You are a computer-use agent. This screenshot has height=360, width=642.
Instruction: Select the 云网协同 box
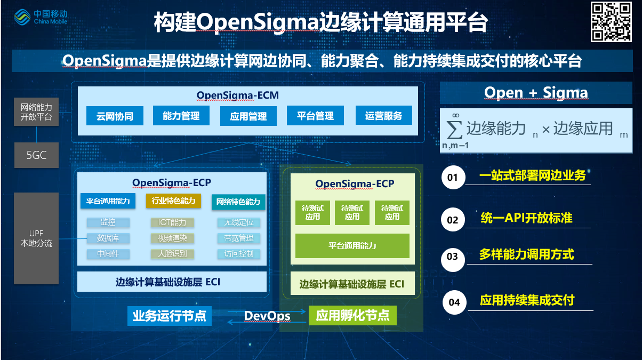pos(115,116)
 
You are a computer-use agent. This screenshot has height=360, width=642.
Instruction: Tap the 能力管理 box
pos(181,116)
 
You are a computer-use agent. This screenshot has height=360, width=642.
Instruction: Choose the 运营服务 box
pos(383,115)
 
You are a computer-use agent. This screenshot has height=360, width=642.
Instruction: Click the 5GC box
pos(36,155)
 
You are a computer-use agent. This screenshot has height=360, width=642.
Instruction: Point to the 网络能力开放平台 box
pos(36,112)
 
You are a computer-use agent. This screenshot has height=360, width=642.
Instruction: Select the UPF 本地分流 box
pos(36,238)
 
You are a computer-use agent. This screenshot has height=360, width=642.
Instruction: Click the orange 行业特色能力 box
pos(173,201)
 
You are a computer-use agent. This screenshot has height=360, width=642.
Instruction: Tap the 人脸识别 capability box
pos(172,254)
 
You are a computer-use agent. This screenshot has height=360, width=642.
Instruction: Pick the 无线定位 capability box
pos(238,222)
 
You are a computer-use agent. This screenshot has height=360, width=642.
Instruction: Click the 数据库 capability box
pos(108,238)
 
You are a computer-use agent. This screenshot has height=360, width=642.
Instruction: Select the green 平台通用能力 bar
pos(352,246)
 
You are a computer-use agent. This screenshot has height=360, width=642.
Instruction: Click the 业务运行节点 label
pos(169,316)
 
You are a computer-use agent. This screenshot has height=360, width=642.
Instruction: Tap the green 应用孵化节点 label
pos(352,316)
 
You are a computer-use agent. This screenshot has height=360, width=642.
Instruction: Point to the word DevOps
pos(267,316)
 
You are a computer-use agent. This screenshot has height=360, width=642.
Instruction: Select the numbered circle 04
pos(454,302)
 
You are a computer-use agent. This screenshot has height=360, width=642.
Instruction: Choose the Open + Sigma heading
pos(536,93)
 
